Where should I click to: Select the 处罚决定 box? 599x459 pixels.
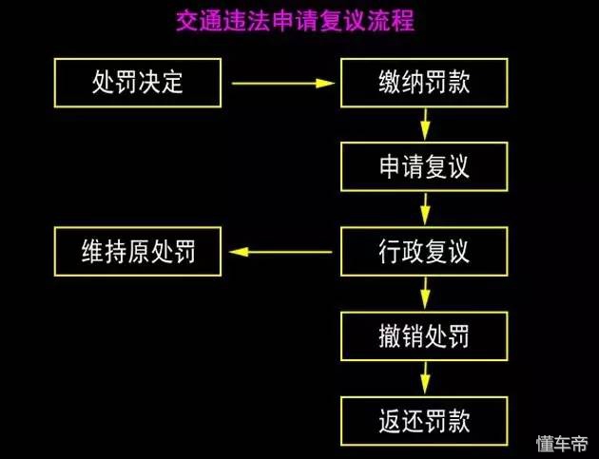138,83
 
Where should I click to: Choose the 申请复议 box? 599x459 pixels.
423,167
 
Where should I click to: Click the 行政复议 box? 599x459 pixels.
423,252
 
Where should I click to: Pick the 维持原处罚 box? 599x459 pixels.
138,252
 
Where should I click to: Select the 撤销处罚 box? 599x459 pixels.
423,336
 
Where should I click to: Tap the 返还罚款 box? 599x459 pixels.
423,419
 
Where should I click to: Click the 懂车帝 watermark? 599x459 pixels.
562,443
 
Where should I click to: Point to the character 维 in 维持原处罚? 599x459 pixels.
92,252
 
